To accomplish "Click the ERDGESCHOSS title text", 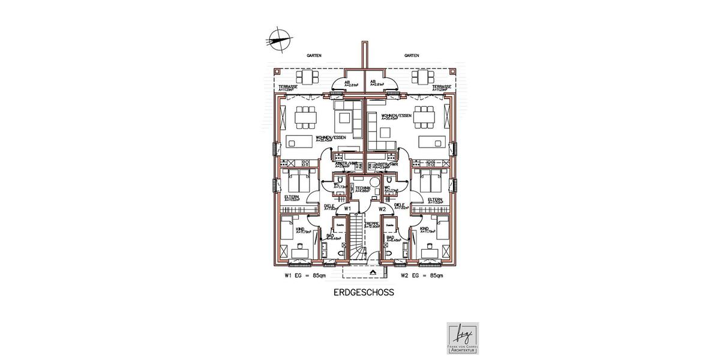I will coord(363,294).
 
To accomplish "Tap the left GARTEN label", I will coord(314,55).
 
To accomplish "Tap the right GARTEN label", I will coord(412,55).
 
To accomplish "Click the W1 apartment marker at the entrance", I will coord(347,209).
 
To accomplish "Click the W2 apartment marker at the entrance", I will coord(382,209).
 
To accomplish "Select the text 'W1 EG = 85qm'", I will coord(305,276).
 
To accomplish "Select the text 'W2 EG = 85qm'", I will coord(422,276).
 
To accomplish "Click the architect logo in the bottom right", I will coord(462,338).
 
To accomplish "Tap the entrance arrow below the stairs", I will coord(373,272).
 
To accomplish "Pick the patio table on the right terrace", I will coord(424,77).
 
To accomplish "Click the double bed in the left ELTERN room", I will coord(298,179).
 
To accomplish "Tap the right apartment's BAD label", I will coord(390,237).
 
